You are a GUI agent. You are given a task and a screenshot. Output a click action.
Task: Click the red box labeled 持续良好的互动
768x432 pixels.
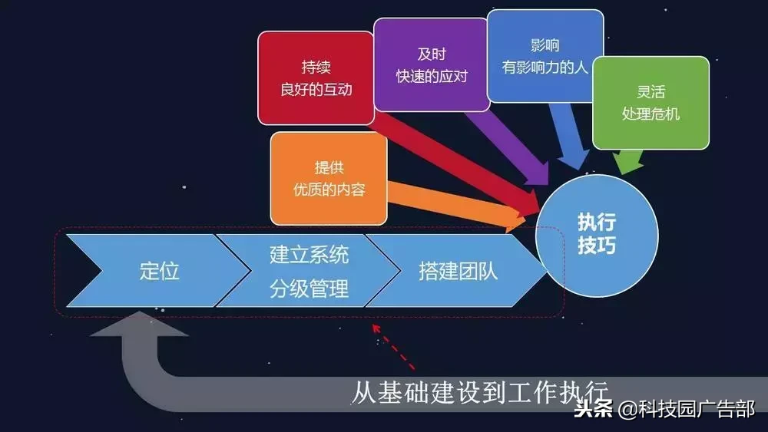point(316,77)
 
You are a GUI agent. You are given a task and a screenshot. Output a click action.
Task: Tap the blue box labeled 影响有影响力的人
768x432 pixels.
point(545,55)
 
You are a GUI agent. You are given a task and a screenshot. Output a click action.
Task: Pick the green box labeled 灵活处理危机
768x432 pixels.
point(650,102)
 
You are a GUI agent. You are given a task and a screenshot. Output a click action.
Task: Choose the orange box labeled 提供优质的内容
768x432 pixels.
point(328,178)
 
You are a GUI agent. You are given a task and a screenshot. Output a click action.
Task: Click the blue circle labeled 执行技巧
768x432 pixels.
point(596,233)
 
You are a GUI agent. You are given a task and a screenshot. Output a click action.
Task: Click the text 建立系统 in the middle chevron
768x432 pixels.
point(309,253)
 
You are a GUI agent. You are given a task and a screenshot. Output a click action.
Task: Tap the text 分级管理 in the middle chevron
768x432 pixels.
point(309,289)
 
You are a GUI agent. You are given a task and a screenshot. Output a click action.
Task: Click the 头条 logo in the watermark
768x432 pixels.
point(593,408)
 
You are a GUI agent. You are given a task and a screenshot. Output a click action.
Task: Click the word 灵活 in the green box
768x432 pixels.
point(650,92)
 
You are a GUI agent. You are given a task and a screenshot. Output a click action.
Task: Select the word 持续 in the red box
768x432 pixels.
point(316,66)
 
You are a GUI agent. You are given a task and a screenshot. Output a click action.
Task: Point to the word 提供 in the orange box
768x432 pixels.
point(328,167)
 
